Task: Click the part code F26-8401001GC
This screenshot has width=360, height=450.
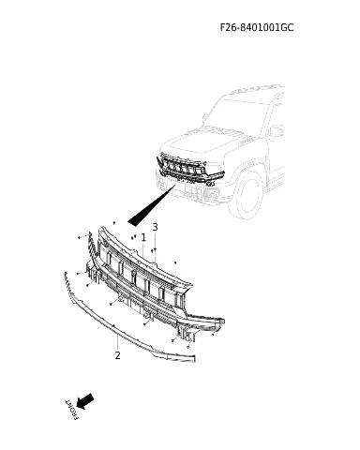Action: (257, 27)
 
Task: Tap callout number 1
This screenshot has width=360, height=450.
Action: (143, 237)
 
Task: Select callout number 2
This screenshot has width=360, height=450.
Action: (117, 355)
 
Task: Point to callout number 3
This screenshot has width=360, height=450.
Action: (155, 227)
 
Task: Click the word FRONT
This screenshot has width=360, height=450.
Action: (71, 410)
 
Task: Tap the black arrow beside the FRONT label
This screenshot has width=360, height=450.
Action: (85, 401)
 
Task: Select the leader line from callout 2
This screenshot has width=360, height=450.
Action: (117, 341)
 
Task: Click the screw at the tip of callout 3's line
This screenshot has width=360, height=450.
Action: (155, 249)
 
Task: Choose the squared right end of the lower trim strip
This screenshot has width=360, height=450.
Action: (193, 358)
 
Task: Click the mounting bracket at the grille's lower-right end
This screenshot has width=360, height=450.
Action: (186, 334)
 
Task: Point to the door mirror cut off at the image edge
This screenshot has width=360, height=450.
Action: (277, 130)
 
